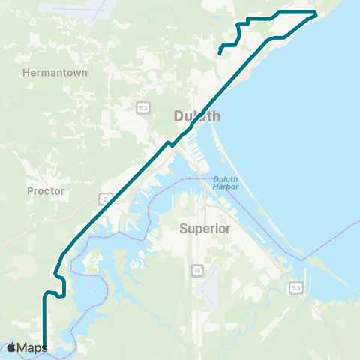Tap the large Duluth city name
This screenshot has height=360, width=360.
click(197, 116)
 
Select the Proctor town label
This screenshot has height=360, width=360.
click(46, 191)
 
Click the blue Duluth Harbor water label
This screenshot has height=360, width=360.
click(224, 182)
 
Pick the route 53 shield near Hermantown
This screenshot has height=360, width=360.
click(142, 108)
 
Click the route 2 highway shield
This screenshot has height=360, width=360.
click(106, 197)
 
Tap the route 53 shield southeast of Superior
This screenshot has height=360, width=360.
click(295, 288)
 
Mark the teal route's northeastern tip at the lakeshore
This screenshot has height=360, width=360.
click(316, 13)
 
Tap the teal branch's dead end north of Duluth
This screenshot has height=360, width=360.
click(219, 53)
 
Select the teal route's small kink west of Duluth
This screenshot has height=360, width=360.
click(171, 142)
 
